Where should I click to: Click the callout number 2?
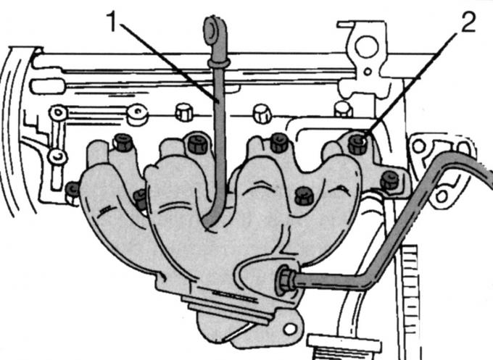468,22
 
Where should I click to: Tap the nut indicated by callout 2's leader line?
358,143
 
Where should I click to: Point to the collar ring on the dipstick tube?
219,63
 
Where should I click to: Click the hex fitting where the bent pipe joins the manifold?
285,280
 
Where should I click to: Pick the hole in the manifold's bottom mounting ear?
289,329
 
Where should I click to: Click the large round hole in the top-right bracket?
367,47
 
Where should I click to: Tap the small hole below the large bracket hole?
367,72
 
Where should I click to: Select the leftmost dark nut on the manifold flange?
73,189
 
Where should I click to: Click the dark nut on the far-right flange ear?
390,180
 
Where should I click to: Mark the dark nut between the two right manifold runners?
304,196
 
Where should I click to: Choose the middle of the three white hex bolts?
262,114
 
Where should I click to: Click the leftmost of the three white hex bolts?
183,112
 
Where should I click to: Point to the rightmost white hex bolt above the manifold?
343,109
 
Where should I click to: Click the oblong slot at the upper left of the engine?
48,86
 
